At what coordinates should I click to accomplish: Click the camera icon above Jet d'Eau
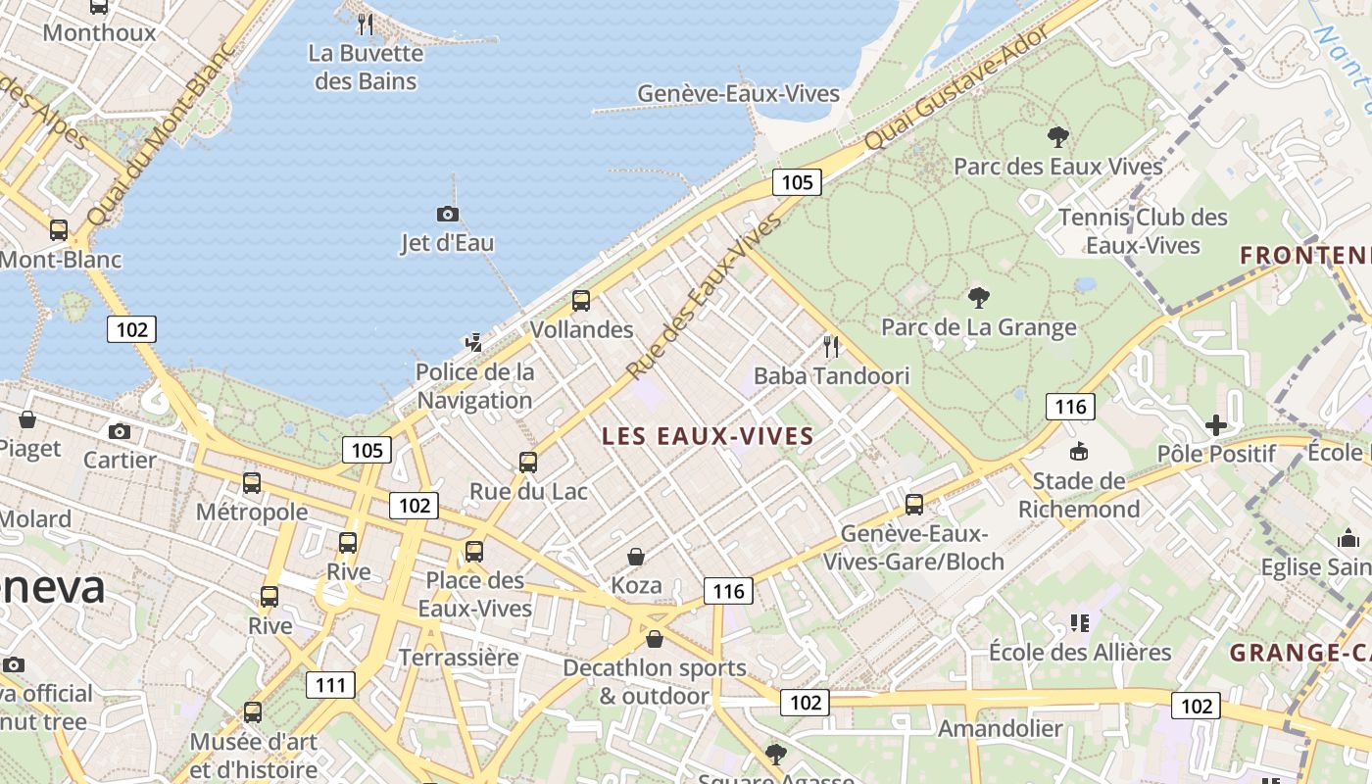click(447, 214)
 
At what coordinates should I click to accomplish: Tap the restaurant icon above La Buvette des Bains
click(365, 24)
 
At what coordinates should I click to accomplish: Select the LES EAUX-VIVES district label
click(708, 436)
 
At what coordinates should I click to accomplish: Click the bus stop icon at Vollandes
click(581, 300)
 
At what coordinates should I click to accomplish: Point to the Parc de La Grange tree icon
click(978, 297)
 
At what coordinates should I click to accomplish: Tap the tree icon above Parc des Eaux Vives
click(1057, 136)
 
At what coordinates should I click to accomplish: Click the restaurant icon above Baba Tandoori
click(831, 346)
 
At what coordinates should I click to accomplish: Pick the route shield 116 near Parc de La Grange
click(1069, 407)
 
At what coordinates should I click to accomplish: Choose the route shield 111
click(330, 684)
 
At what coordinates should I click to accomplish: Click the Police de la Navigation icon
click(474, 342)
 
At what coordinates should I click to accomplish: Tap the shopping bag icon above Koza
click(636, 557)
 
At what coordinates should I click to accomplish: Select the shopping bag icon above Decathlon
click(655, 639)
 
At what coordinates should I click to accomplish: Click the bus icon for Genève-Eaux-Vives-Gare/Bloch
click(914, 505)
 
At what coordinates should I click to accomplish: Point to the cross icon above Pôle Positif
click(1216, 424)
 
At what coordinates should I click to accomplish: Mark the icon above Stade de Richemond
click(1079, 452)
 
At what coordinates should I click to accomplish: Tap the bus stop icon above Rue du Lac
click(528, 462)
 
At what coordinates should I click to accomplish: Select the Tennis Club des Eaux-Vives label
click(1143, 230)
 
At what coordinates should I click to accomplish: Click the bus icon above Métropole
click(252, 482)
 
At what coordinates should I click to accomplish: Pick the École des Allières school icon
click(1080, 622)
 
